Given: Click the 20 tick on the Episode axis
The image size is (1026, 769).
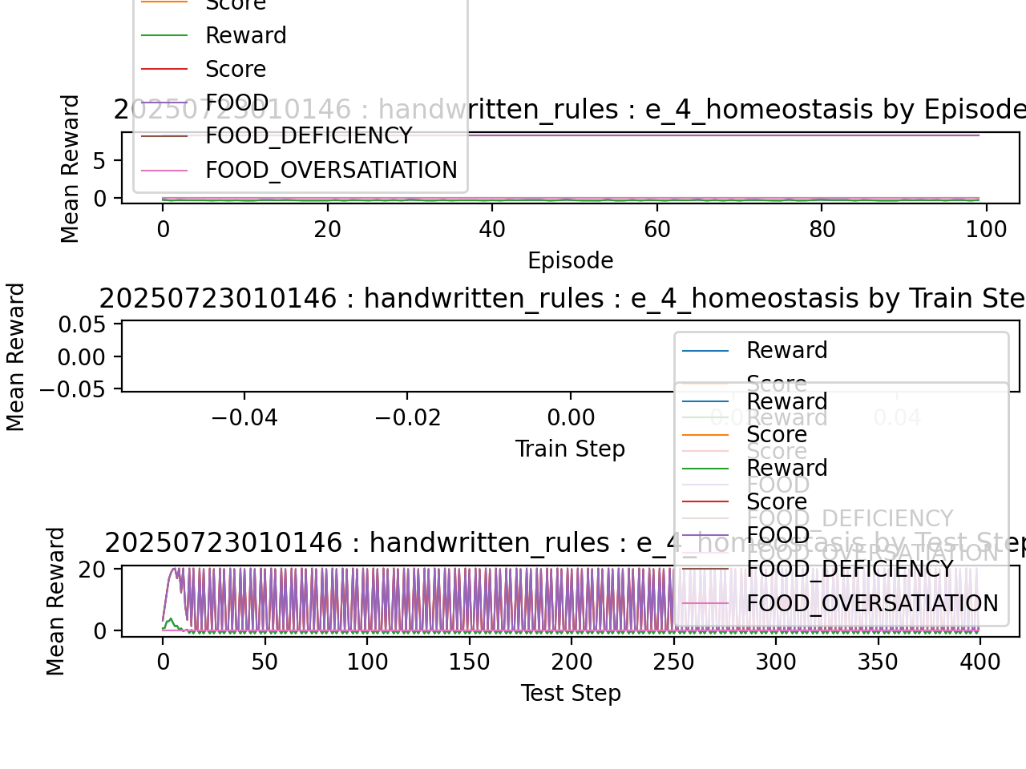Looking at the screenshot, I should pyautogui.click(x=327, y=230).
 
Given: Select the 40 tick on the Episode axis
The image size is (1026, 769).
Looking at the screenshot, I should pyautogui.click(x=492, y=230).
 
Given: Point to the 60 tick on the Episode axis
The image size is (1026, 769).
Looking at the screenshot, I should pyautogui.click(x=656, y=230).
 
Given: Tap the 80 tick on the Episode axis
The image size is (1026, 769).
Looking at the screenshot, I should pyautogui.click(x=822, y=230).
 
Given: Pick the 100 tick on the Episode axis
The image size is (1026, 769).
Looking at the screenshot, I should pyautogui.click(x=986, y=230).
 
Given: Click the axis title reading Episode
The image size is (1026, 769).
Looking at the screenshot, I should pyautogui.click(x=570, y=261).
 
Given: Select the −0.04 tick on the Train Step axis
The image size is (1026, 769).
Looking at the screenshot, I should pyautogui.click(x=244, y=418).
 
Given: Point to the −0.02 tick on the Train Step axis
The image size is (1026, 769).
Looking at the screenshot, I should pyautogui.click(x=407, y=418).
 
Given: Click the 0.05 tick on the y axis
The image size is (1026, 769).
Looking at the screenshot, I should pyautogui.click(x=82, y=324).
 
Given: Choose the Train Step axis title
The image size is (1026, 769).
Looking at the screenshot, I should pyautogui.click(x=570, y=449).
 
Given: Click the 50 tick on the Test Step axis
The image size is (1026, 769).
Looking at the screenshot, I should pyautogui.click(x=265, y=662).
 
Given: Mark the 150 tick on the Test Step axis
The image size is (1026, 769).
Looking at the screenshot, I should pyautogui.click(x=469, y=662).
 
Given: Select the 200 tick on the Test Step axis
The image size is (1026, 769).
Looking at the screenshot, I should pyautogui.click(x=571, y=662).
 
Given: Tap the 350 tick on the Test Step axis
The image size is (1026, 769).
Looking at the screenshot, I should pyautogui.click(x=878, y=662).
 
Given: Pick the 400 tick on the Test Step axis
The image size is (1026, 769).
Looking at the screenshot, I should pyautogui.click(x=980, y=662).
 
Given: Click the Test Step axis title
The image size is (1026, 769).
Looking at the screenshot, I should pyautogui.click(x=570, y=694).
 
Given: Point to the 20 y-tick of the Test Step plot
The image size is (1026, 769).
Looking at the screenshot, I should pyautogui.click(x=93, y=570).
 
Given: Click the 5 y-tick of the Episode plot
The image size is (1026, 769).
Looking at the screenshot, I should pyautogui.click(x=99, y=161).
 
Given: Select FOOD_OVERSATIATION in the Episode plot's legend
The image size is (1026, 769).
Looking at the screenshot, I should pyautogui.click(x=331, y=171).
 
